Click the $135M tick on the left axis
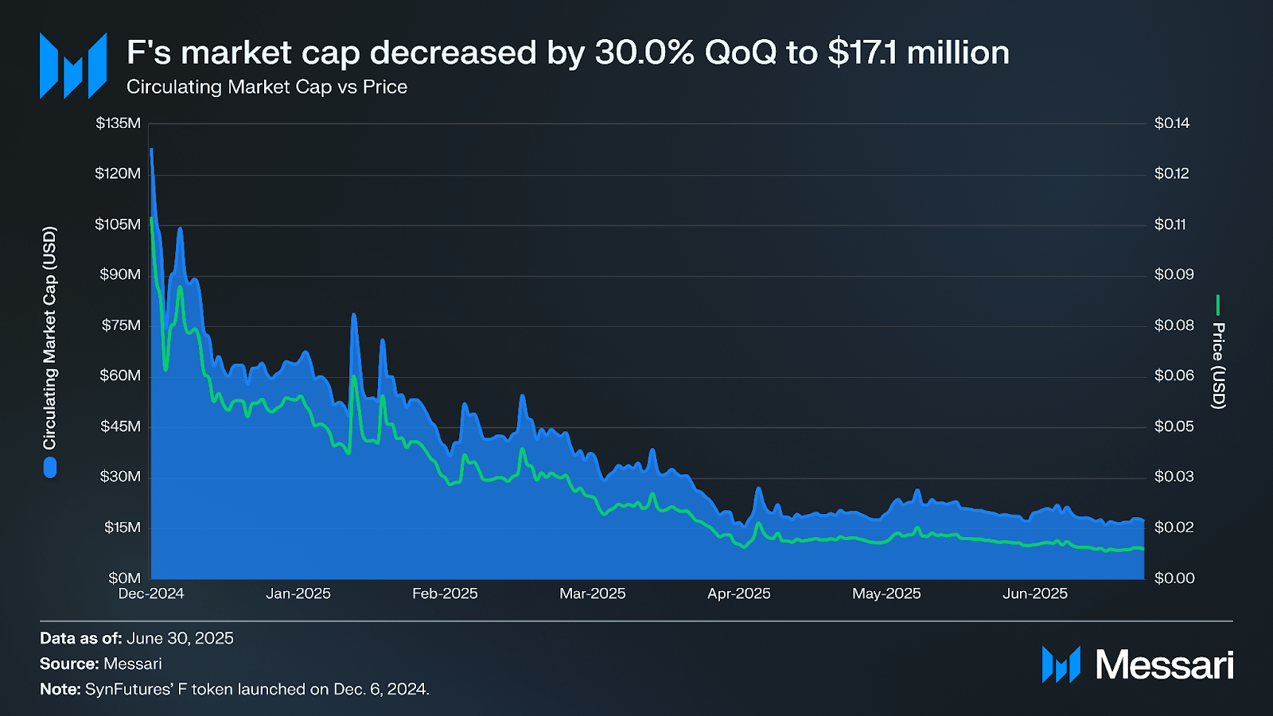pyautogui.click(x=118, y=123)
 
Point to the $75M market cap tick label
pyautogui.click(x=120, y=325)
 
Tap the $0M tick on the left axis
pyautogui.click(x=124, y=578)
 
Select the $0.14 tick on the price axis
pyautogui.click(x=1172, y=123)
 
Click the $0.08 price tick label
pyautogui.click(x=1174, y=325)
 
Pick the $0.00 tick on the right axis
pyautogui.click(x=1174, y=578)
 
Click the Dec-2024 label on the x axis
pyautogui.click(x=151, y=594)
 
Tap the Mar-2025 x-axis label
pyautogui.click(x=592, y=594)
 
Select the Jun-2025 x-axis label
pyautogui.click(x=1034, y=594)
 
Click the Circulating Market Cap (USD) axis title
pyautogui.click(x=50, y=338)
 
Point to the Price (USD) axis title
pyautogui.click(x=1218, y=366)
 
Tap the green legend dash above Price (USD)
pyautogui.click(x=1218, y=305)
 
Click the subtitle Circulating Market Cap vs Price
pyautogui.click(x=267, y=88)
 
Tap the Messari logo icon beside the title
pyautogui.click(x=73, y=66)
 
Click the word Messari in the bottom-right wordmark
pyautogui.click(x=1164, y=665)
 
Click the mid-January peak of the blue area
pyautogui.click(x=354, y=316)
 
